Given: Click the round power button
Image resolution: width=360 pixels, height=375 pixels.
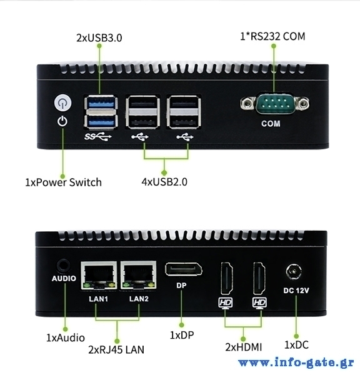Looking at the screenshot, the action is tap(62, 103).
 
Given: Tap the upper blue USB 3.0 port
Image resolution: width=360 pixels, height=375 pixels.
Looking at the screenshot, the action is tap(101, 103).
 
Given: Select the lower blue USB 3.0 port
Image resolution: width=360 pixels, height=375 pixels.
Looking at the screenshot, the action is tap(101, 122).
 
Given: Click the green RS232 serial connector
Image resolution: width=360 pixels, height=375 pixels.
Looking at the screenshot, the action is tap(275, 104).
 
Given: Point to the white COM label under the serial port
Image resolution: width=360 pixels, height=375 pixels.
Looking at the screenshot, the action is tap(271, 124).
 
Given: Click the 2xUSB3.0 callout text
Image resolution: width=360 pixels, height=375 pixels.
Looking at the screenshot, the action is tap(99, 37).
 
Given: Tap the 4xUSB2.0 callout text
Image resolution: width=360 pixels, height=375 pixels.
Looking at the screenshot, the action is tap(164, 182).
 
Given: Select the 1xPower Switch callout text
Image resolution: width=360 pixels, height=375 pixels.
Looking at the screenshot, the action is tap(63, 182).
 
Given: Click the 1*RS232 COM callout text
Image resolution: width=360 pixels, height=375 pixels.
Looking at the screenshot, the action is tap(272, 36).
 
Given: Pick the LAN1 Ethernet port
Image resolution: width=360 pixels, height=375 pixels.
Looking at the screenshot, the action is tap(99, 275).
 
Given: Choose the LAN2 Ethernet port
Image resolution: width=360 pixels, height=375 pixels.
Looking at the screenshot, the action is tap(139, 275).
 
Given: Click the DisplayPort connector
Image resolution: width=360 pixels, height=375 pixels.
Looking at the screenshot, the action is tap(184, 269).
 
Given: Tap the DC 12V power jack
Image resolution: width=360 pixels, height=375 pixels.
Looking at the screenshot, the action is tap(294, 272).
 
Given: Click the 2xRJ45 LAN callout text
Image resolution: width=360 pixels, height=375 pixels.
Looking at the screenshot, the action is tap(116, 350).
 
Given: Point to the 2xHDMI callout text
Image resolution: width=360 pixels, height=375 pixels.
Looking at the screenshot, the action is tap(244, 347).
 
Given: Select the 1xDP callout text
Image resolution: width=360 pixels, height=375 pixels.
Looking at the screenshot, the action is tap(182, 335).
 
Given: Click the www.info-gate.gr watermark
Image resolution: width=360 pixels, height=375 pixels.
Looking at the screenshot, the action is tap(296, 362).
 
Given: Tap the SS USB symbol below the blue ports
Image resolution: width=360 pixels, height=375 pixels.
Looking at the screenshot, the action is tap(98, 137).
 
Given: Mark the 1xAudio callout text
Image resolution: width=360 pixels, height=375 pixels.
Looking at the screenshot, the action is tap(65, 338).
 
